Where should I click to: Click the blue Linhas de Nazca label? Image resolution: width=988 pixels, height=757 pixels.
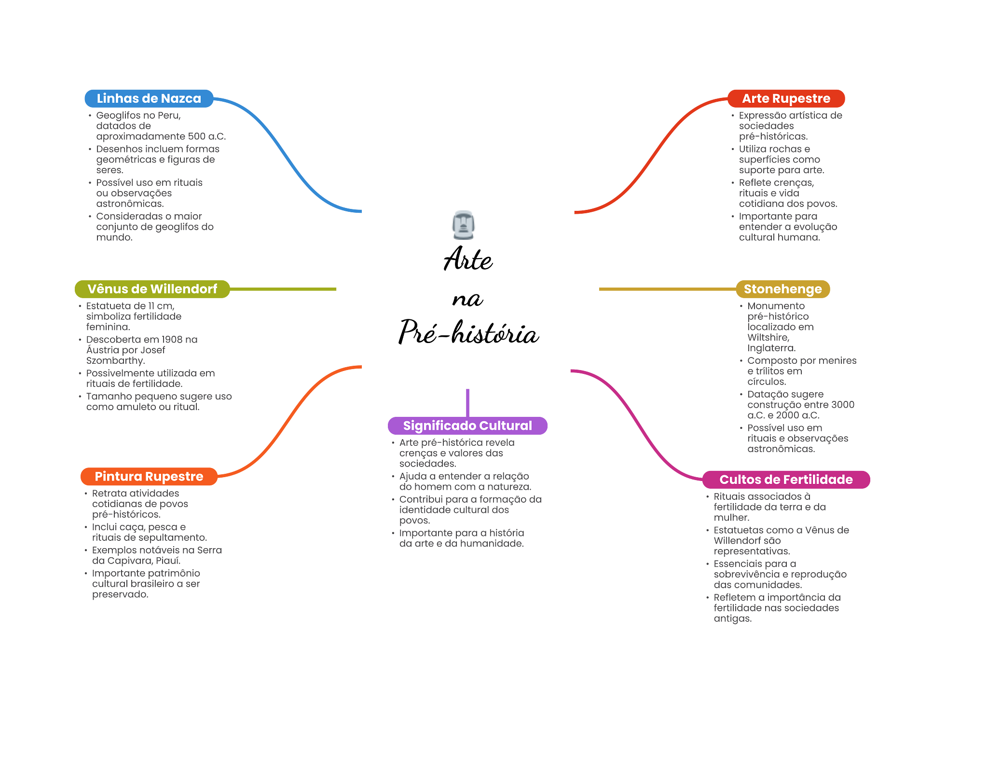[x=149, y=98]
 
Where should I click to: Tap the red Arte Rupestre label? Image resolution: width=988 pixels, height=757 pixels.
[x=786, y=98]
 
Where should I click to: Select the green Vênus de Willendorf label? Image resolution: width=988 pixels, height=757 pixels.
[x=152, y=289]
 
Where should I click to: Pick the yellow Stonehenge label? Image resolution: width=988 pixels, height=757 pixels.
[x=782, y=289]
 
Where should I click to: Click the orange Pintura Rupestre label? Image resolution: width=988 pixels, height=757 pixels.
[x=149, y=477]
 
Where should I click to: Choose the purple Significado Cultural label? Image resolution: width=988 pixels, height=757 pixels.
[x=467, y=426]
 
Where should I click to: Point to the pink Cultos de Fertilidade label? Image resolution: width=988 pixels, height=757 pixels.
[x=786, y=480]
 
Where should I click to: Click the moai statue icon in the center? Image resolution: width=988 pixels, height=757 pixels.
[x=463, y=225]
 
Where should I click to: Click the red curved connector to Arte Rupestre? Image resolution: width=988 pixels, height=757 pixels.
[x=651, y=154]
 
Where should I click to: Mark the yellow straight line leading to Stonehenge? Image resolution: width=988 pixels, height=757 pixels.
[x=666, y=289]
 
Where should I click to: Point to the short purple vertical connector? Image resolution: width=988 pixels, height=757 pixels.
[x=467, y=402]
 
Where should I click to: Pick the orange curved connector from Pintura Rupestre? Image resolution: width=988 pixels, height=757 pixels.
[x=289, y=420]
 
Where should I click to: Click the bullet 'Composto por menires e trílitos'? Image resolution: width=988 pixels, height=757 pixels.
[x=801, y=371]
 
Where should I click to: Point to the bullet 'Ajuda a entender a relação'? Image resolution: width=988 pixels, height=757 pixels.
[x=465, y=482]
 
